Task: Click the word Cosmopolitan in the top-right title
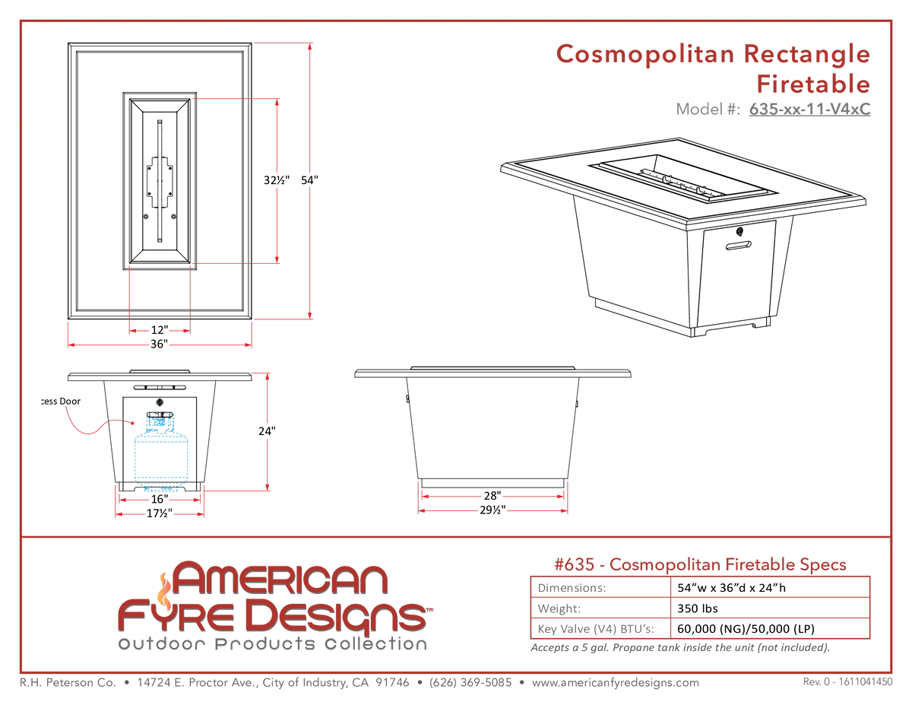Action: (x=644, y=55)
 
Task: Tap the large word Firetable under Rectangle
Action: (x=812, y=83)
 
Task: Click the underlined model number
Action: (x=809, y=110)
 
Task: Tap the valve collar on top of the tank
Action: (x=160, y=421)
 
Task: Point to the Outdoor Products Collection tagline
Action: (x=271, y=645)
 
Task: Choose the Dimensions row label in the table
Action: (x=572, y=587)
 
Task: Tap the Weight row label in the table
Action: (x=559, y=608)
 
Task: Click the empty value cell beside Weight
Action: (x=770, y=608)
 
